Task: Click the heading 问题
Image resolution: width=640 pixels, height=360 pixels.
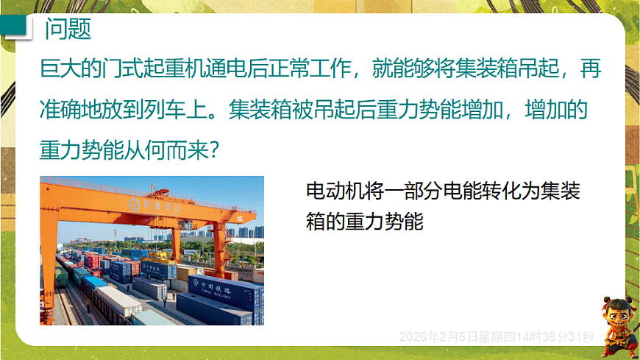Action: coord(68,29)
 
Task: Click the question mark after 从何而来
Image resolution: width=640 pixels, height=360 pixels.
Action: coord(213,150)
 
